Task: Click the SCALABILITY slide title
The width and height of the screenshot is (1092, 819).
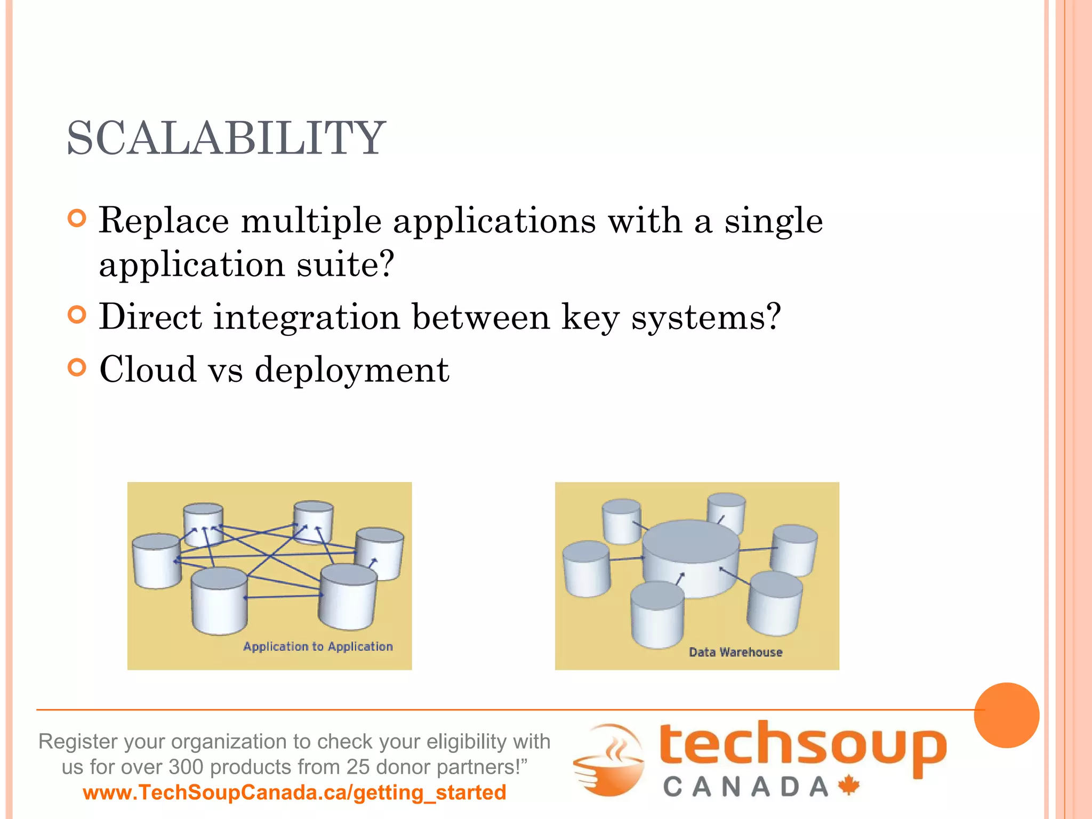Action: [226, 138]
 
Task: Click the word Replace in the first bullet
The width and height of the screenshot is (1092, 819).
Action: [164, 220]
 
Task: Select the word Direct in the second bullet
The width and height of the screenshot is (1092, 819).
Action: [150, 317]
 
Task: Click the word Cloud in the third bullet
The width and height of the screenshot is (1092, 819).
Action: [148, 369]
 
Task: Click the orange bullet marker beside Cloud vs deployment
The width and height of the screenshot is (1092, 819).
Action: [77, 367]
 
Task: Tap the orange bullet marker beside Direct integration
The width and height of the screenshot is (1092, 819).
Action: [77, 315]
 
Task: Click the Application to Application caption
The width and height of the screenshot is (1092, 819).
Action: [318, 646]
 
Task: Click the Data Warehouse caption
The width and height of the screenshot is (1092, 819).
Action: [735, 652]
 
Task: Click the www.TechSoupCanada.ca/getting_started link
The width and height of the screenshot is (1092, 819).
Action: [294, 792]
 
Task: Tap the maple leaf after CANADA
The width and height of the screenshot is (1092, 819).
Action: [849, 785]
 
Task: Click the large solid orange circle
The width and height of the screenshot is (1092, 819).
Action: [1006, 715]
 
